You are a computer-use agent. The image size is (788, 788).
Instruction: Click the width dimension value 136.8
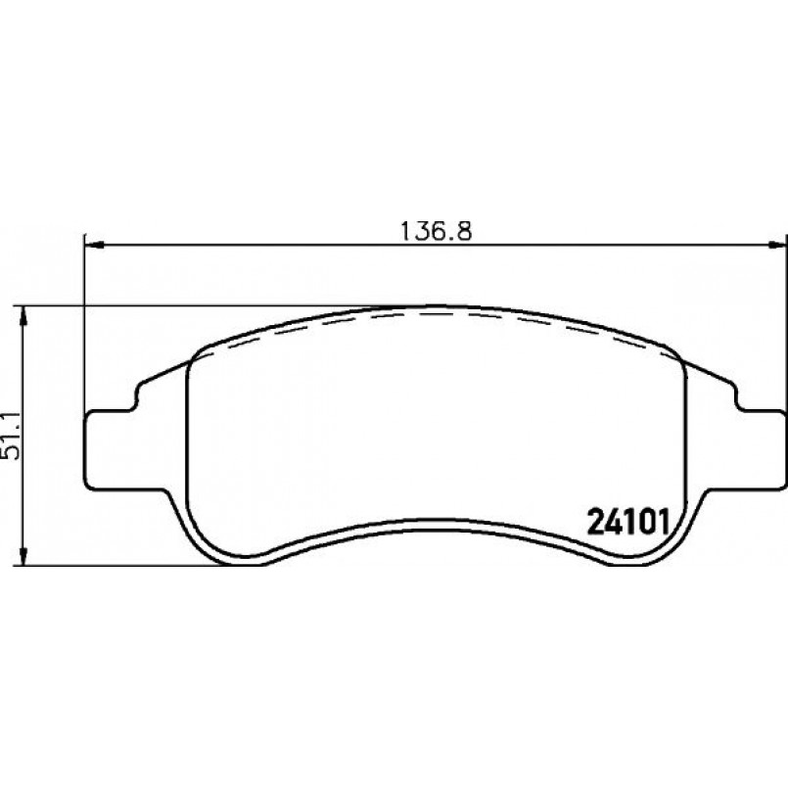pyautogui.click(x=436, y=232)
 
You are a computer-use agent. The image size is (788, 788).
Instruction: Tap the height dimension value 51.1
pyautogui.click(x=10, y=436)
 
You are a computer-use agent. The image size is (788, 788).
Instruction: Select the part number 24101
pyautogui.click(x=628, y=523)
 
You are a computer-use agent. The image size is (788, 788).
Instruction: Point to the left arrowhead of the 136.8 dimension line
pyautogui.click(x=94, y=246)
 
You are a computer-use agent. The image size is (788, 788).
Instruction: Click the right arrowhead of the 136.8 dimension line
pyautogui.click(x=778, y=246)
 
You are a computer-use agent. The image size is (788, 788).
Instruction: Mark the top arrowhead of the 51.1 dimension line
pyautogui.click(x=22, y=316)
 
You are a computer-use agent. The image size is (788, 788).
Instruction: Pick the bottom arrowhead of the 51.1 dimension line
pyautogui.click(x=22, y=556)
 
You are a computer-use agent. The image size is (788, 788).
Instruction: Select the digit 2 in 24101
pyautogui.click(x=596, y=523)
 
